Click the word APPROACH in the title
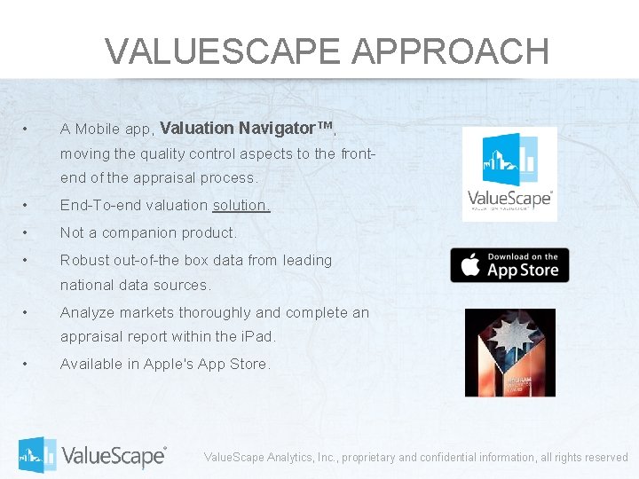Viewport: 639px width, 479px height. [x=450, y=51]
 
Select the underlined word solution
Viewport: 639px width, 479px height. [x=241, y=205]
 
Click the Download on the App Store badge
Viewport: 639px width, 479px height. [x=509, y=265]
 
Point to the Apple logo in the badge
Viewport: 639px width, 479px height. [x=469, y=265]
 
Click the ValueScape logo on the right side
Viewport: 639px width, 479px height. [x=509, y=175]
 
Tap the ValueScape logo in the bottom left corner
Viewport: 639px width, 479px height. [x=92, y=455]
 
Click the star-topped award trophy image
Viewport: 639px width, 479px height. [x=509, y=352]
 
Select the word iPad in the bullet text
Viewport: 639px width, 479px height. [x=257, y=337]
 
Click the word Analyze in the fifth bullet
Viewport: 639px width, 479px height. [x=86, y=313]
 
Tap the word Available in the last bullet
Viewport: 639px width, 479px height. [x=91, y=365]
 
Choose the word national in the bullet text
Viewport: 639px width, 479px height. [x=86, y=286]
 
